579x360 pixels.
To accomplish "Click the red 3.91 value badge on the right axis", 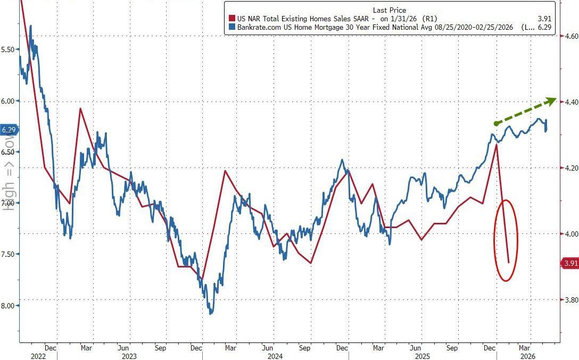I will [570, 263].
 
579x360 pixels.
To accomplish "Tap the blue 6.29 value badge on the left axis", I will [9, 130].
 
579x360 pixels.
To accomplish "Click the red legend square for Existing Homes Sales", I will [231, 19].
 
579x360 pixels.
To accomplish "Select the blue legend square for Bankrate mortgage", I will [231, 27].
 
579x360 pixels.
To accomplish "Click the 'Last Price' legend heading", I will [389, 10].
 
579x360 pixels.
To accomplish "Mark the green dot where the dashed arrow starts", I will [496, 123].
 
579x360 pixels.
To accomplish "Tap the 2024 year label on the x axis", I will [275, 356].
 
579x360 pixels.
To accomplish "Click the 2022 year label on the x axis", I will [38, 356].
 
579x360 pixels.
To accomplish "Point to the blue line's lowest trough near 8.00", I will [211, 313].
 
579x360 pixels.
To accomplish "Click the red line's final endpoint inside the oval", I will [509, 262].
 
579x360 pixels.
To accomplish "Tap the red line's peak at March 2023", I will [80, 108].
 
